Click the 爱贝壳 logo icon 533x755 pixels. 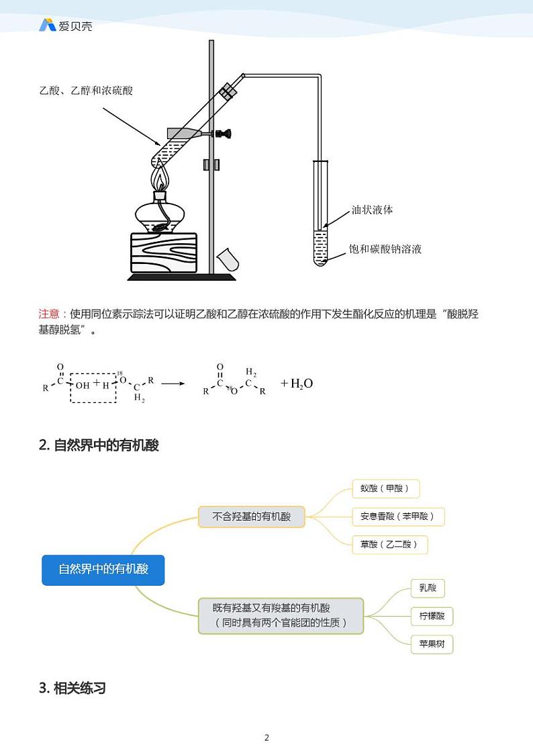47,26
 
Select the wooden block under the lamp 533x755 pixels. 163,252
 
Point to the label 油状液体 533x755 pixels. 372,210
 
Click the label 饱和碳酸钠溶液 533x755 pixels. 385,249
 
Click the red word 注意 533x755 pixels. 50,314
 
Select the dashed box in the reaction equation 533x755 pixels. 93,384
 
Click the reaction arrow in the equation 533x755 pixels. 173,384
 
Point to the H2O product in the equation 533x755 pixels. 297,384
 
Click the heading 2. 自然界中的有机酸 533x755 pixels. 99,445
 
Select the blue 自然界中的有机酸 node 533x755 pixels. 103,569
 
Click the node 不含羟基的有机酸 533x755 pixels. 252,517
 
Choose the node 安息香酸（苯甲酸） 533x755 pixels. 397,517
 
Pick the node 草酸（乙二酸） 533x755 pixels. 389,544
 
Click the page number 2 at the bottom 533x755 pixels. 266,738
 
